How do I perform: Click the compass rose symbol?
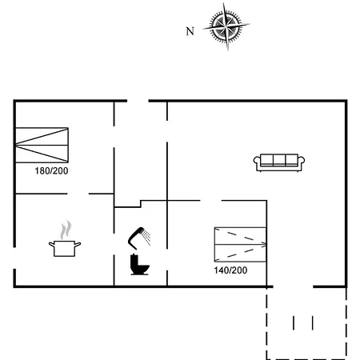[x=226, y=26]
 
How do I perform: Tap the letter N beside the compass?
[x=190, y=31]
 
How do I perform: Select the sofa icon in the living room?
[x=279, y=162]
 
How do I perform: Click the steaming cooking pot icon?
[x=65, y=239]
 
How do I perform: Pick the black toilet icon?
[x=139, y=265]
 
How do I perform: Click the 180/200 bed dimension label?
[x=51, y=171]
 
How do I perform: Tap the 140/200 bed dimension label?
[x=230, y=270]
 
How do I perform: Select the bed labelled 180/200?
[x=42, y=146]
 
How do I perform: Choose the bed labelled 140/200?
[x=240, y=245]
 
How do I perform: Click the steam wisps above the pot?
[x=66, y=230]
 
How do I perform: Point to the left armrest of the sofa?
[x=257, y=162]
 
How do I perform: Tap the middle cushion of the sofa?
[x=279, y=160]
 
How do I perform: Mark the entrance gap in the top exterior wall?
[x=138, y=101]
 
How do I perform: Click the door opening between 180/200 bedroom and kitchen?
[x=78, y=194]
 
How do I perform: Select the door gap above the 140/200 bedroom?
[x=210, y=200]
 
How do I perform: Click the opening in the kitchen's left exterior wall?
[x=14, y=258]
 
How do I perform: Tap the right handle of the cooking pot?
[x=78, y=244]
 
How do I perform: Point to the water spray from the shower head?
[x=146, y=238]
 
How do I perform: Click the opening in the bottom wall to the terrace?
[x=293, y=286]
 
